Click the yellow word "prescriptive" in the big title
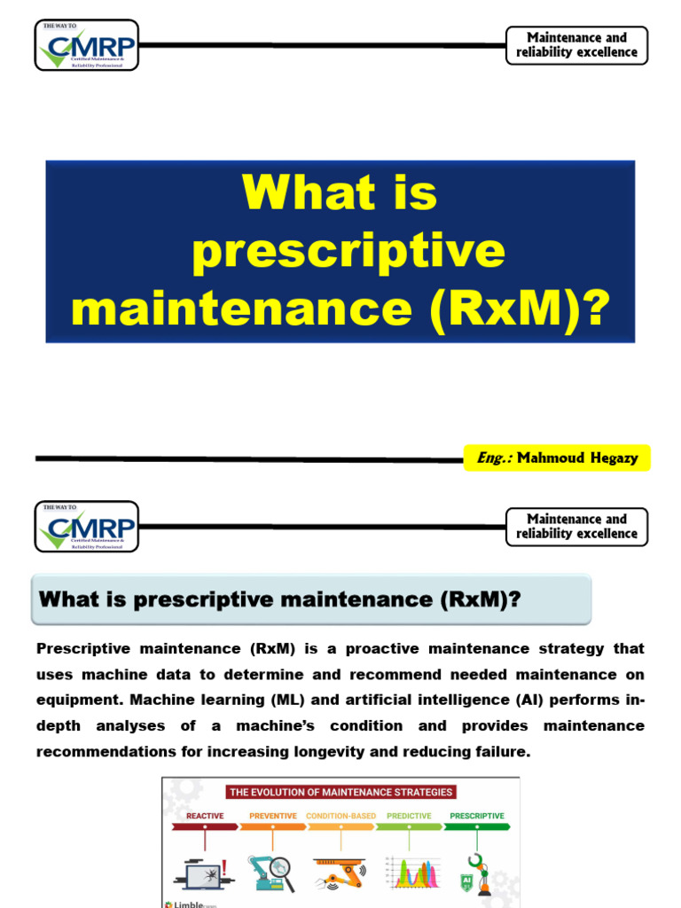[x=348, y=250]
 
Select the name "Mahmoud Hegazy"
[x=571, y=458]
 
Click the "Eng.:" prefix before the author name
[x=489, y=458]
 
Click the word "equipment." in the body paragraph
[x=74, y=701]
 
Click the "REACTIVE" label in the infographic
[x=205, y=816]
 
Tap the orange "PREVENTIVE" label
[x=273, y=816]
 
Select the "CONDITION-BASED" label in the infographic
[x=341, y=816]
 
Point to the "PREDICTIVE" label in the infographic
[x=410, y=816]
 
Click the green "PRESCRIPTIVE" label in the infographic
[x=477, y=816]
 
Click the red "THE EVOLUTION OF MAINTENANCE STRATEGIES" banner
[x=340, y=792]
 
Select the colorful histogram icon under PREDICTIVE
[x=412, y=873]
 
